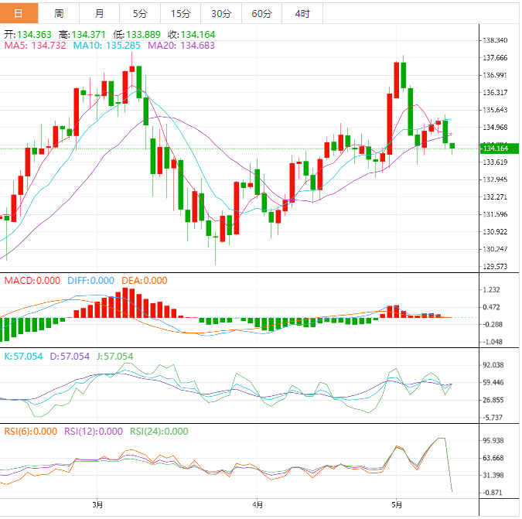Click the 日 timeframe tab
19,13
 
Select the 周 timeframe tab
60,13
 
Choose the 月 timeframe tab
100,13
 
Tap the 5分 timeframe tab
140,13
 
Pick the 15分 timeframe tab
180,13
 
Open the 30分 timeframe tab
221,13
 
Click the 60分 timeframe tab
262,13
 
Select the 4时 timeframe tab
302,13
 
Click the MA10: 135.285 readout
107,46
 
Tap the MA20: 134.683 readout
181,46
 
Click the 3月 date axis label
97,505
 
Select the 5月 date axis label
395,505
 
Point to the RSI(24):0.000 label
159,432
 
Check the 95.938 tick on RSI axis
493,441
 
